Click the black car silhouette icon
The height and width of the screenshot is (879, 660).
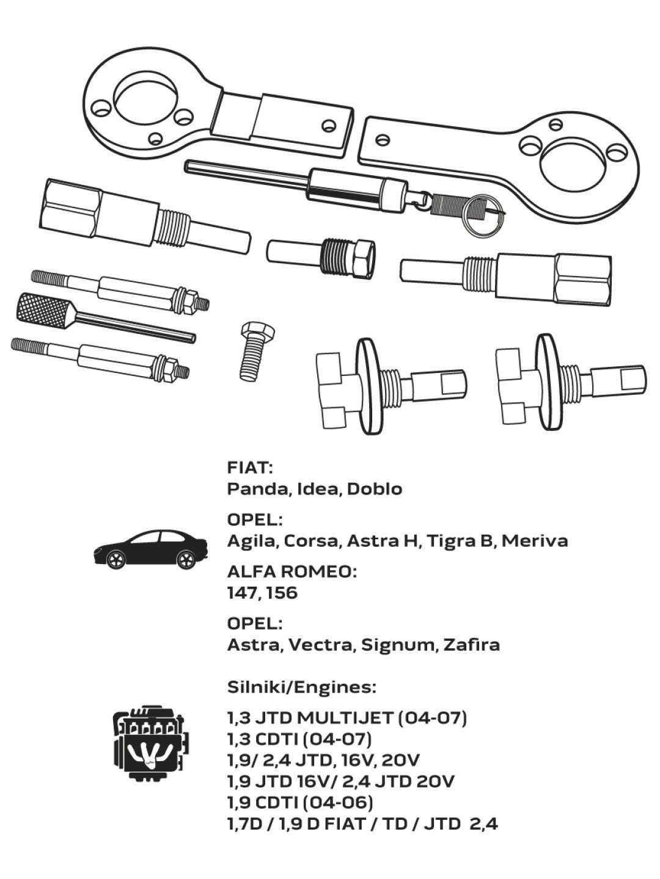150,549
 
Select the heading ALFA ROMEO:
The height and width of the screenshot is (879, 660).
291,572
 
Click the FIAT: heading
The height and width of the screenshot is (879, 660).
250,468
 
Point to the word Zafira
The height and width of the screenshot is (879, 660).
471,645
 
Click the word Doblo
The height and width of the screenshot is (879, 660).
375,489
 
